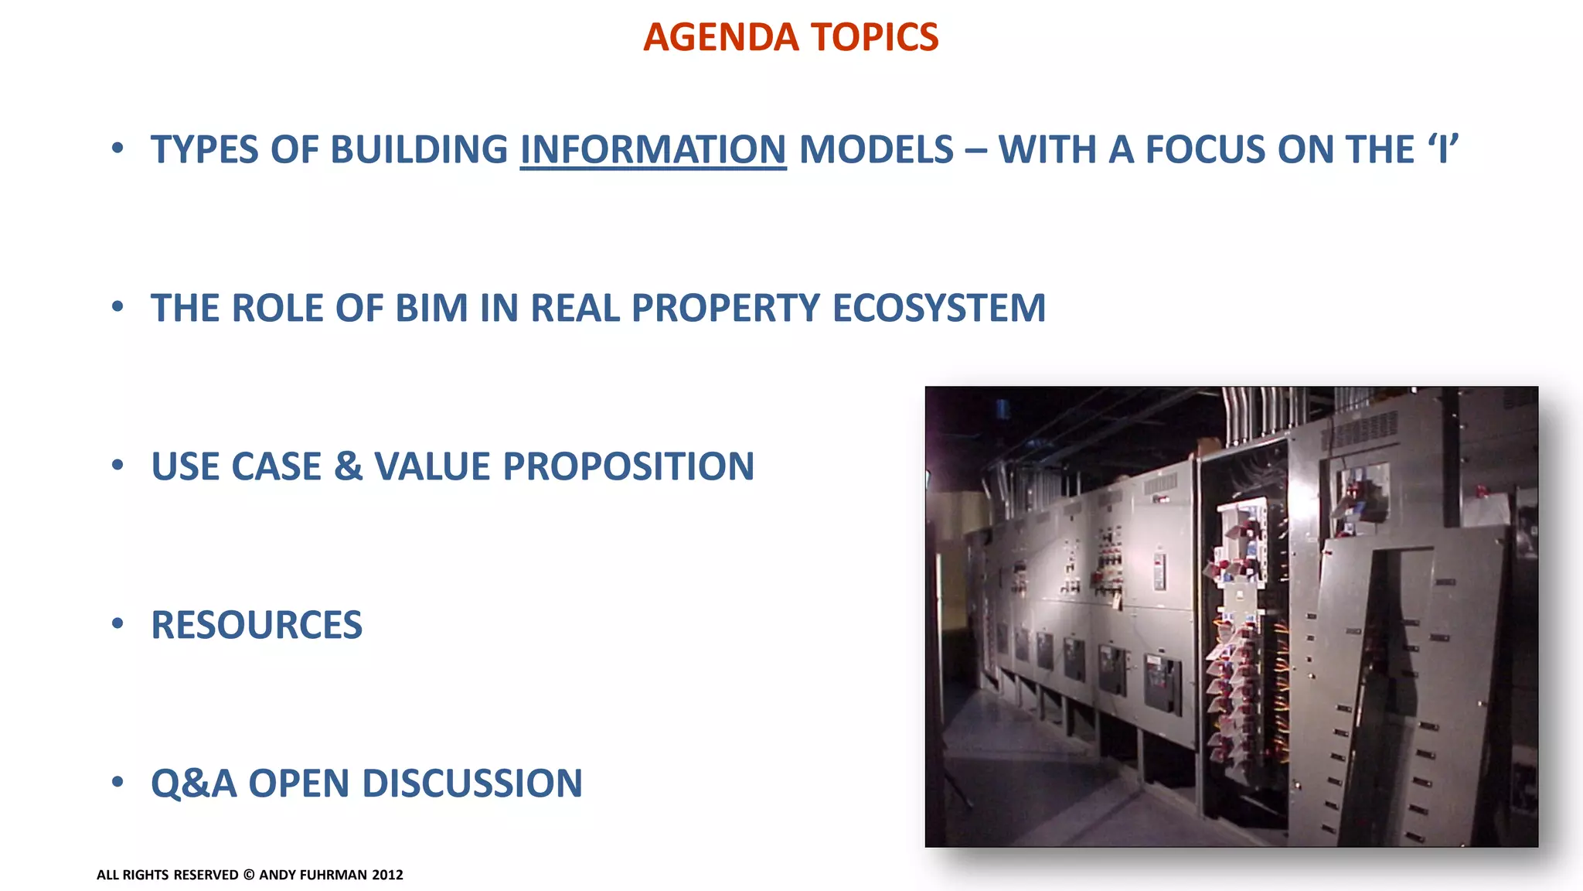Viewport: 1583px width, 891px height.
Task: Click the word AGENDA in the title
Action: click(720, 37)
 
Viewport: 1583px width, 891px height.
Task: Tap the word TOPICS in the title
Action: click(874, 37)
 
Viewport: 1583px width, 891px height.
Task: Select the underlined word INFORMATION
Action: click(653, 150)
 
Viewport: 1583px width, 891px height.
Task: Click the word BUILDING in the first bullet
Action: click(419, 150)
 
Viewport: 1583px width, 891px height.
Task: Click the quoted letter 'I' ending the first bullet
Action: click(1442, 148)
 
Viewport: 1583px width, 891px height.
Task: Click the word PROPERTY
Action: click(725, 308)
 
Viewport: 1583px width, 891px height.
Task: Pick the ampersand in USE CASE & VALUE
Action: click(349, 466)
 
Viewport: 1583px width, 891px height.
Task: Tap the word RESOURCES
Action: click(257, 625)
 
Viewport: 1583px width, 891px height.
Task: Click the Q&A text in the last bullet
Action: click(193, 783)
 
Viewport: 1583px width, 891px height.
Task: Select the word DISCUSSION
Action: click(472, 783)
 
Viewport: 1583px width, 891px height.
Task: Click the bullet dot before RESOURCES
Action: click(117, 623)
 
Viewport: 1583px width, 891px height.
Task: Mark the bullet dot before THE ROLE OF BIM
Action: click(117, 307)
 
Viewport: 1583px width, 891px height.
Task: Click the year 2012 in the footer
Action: click(387, 875)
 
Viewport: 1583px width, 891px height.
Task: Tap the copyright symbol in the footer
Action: click(249, 875)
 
